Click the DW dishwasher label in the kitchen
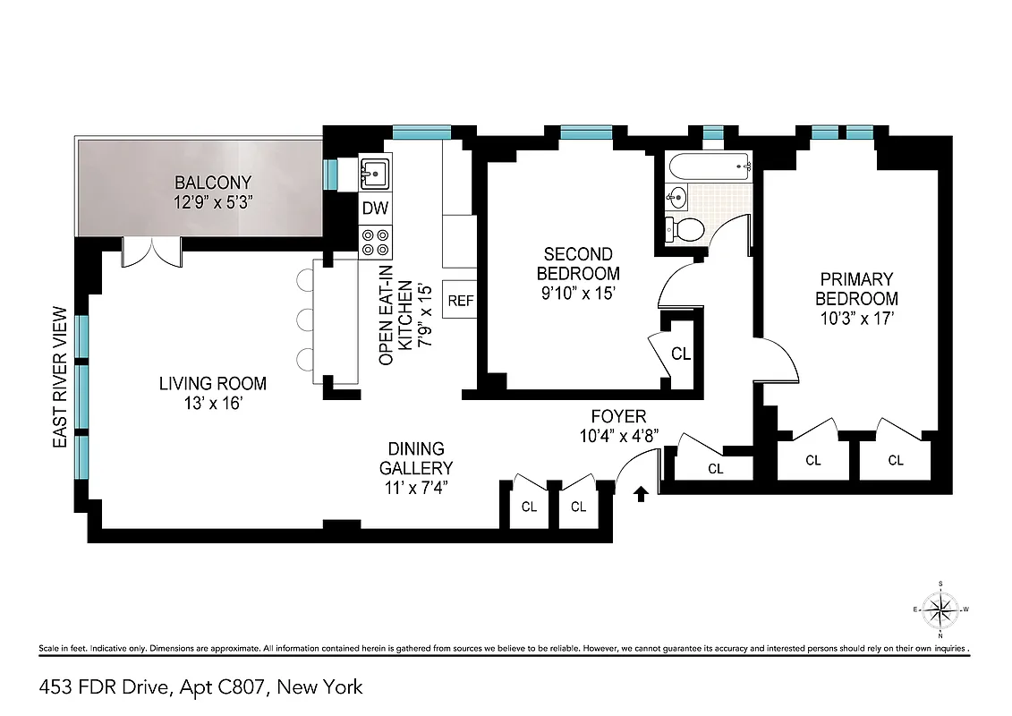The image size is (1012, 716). pyautogui.click(x=374, y=208)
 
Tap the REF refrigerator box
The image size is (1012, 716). pyautogui.click(x=461, y=301)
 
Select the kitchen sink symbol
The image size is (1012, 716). pyautogui.click(x=375, y=172)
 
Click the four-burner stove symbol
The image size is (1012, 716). pyautogui.click(x=374, y=240)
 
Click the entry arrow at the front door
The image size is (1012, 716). pyautogui.click(x=641, y=493)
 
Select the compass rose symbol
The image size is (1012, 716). pyautogui.click(x=940, y=611)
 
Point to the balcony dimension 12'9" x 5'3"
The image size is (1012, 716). pyautogui.click(x=213, y=202)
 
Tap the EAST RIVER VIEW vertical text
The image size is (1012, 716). pyautogui.click(x=60, y=378)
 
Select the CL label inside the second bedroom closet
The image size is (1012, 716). pyautogui.click(x=681, y=354)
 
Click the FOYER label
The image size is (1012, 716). pyautogui.click(x=617, y=416)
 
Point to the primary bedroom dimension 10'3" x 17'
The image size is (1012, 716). pyautogui.click(x=855, y=317)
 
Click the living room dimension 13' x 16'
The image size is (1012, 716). pyautogui.click(x=212, y=404)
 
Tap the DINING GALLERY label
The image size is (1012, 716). pyautogui.click(x=415, y=458)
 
